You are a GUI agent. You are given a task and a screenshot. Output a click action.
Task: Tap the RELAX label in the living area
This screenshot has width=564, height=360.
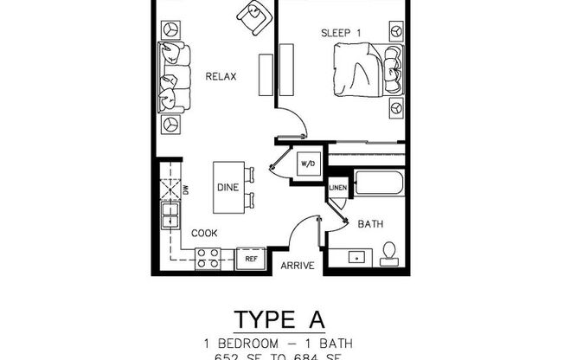pyautogui.click(x=221, y=77)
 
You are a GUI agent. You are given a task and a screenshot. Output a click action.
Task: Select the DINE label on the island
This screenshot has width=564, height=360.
pyautogui.click(x=228, y=187)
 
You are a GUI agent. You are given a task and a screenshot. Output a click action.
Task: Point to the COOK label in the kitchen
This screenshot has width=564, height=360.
pyautogui.click(x=203, y=233)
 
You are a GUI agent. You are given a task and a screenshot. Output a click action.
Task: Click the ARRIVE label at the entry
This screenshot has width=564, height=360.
pyautogui.click(x=297, y=266)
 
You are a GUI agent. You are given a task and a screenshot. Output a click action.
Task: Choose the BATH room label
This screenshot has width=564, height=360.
pyautogui.click(x=370, y=224)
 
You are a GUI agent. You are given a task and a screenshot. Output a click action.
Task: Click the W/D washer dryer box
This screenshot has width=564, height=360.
pyautogui.click(x=308, y=164)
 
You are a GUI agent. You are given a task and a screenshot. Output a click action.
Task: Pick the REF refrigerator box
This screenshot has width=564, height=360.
pyautogui.click(x=251, y=258)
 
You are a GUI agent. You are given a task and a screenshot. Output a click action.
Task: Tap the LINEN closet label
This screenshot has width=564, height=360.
pyautogui.click(x=336, y=187)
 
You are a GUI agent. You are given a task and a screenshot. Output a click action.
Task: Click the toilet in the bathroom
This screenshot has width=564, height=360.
pyautogui.click(x=389, y=253)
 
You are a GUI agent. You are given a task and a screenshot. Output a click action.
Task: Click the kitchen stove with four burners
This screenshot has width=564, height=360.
pyautogui.click(x=208, y=257)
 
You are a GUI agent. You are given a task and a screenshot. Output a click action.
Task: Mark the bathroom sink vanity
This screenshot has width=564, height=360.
pyautogui.click(x=356, y=257)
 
